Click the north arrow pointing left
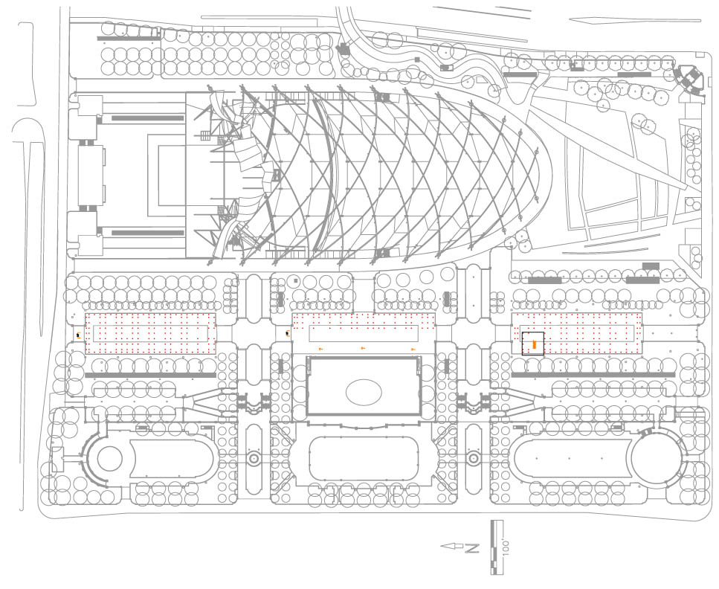[451, 547]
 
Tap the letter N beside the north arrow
[471, 548]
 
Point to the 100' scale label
[506, 547]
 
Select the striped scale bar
[494, 547]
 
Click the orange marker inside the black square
[534, 344]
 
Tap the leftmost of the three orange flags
[321, 348]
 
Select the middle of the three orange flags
[363, 348]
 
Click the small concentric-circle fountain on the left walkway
[254, 458]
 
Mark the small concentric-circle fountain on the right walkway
[473, 458]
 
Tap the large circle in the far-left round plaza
[108, 460]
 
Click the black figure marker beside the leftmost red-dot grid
[79, 335]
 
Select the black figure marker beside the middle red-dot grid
[288, 334]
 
